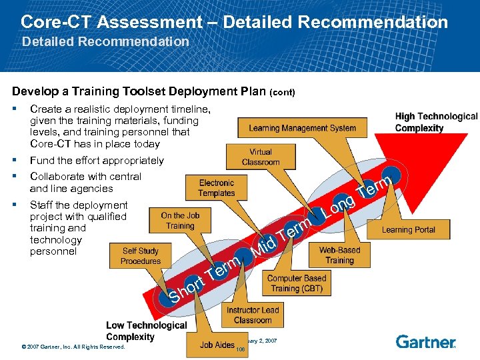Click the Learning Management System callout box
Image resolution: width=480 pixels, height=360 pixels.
[x=302, y=128]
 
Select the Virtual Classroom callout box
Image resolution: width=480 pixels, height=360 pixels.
[x=261, y=157]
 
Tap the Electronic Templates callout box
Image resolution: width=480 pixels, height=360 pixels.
[x=217, y=188]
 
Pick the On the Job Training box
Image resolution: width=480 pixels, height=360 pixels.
[x=180, y=221]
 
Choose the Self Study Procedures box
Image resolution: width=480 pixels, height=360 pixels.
[x=141, y=256]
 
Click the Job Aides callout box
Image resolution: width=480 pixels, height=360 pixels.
[x=217, y=345]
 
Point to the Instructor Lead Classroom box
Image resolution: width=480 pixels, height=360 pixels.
[x=253, y=315]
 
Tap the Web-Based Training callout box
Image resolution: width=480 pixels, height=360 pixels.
[x=339, y=255]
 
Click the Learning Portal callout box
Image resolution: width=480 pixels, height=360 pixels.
[x=408, y=230]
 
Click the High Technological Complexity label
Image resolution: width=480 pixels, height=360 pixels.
[x=436, y=122]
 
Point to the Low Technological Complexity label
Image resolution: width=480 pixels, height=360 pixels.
[x=146, y=331]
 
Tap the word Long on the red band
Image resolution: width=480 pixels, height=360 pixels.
[x=339, y=207]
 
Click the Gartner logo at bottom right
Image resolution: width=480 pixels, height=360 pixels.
[x=425, y=342]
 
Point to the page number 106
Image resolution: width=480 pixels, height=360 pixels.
[x=241, y=349]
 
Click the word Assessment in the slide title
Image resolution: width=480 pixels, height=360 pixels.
[x=149, y=22]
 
